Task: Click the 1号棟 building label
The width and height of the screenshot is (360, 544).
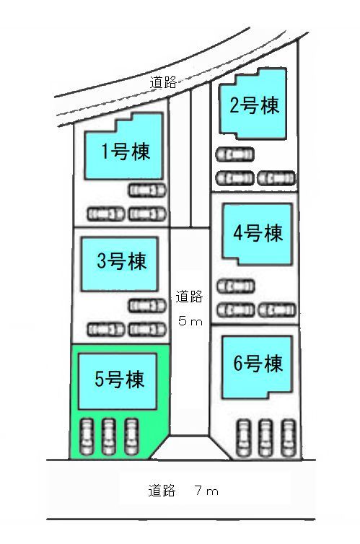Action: tap(126, 152)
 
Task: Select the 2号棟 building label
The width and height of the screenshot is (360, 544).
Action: tap(254, 105)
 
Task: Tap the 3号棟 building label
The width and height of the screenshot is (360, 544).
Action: tap(122, 261)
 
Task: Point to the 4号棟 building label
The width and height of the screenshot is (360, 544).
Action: tap(258, 232)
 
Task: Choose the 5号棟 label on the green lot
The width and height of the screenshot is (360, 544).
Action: tap(119, 379)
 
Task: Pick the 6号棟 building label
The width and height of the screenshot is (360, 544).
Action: tap(258, 363)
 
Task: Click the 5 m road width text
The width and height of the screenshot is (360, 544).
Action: tap(190, 321)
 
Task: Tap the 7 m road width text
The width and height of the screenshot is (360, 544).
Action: tap(206, 491)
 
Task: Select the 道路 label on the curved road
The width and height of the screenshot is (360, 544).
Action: tap(163, 82)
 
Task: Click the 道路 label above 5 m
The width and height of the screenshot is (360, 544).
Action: tap(189, 297)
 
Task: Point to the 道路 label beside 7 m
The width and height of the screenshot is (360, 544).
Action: tap(162, 491)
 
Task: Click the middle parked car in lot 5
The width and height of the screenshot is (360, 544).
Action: tap(109, 436)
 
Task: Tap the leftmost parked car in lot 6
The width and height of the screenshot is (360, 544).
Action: tap(243, 438)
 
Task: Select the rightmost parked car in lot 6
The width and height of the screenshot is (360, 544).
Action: tap(289, 438)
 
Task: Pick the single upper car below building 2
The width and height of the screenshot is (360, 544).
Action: tap(234, 154)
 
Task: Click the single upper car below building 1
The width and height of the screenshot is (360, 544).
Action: tap(147, 190)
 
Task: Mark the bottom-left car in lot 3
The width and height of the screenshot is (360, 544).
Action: tap(105, 330)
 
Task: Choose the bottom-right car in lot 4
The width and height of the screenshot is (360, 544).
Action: tap(277, 310)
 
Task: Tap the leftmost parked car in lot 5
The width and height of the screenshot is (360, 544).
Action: tap(87, 436)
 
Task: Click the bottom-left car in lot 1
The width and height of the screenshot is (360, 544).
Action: tap(105, 214)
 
